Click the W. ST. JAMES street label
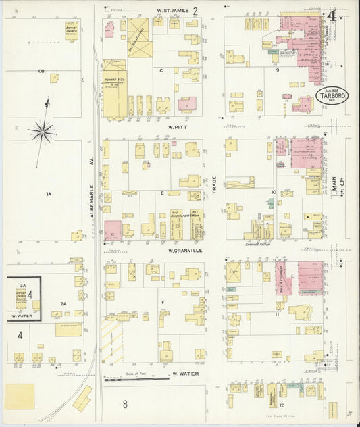(172, 11)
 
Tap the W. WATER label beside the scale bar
(184, 373)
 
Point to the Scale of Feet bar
(136, 378)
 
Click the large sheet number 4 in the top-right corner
(332, 15)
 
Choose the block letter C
(161, 70)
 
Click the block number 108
(41, 70)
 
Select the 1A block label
(48, 195)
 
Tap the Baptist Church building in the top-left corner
(71, 29)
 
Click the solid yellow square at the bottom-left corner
(20, 396)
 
